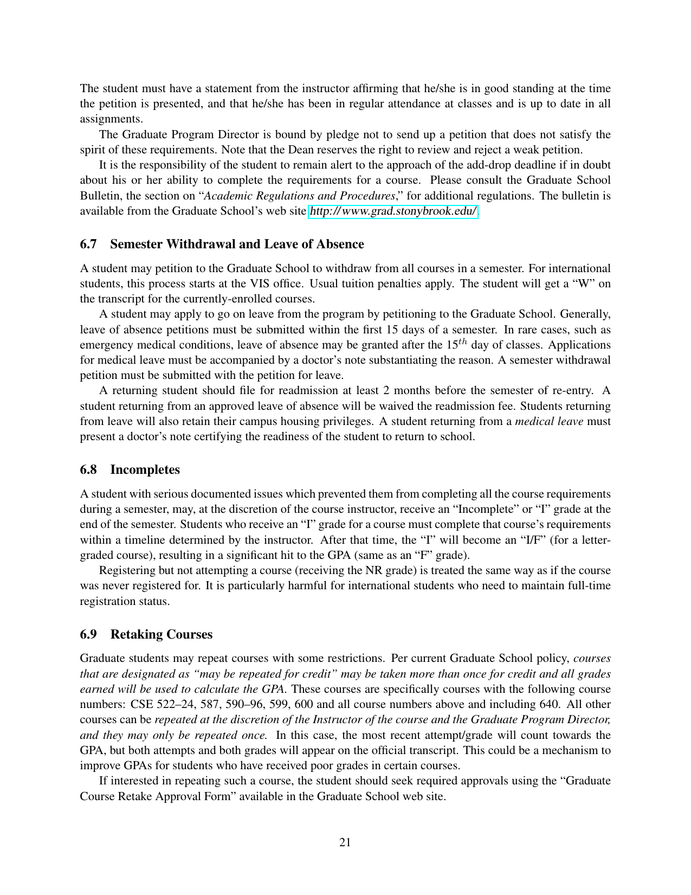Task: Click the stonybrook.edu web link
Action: (x=393, y=211)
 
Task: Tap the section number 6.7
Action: (x=88, y=244)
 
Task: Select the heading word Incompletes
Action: (x=145, y=470)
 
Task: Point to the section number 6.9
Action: (x=88, y=635)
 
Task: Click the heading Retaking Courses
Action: (x=162, y=635)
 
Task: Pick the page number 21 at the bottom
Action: (x=345, y=842)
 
